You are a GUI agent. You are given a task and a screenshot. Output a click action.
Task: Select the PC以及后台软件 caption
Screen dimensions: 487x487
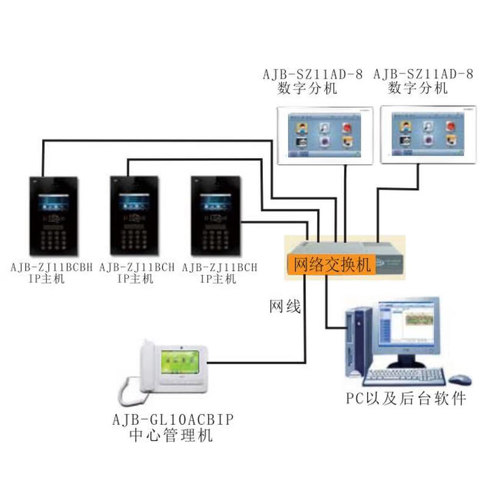(406, 399)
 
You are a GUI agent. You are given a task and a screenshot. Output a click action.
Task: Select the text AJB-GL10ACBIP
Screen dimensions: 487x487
(173, 420)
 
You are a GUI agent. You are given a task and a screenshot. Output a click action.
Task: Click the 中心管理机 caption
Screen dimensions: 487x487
(172, 436)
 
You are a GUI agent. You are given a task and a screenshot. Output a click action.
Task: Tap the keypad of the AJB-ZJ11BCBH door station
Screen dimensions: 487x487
(54, 236)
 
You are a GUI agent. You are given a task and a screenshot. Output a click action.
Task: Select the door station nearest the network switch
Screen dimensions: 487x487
(216, 217)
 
